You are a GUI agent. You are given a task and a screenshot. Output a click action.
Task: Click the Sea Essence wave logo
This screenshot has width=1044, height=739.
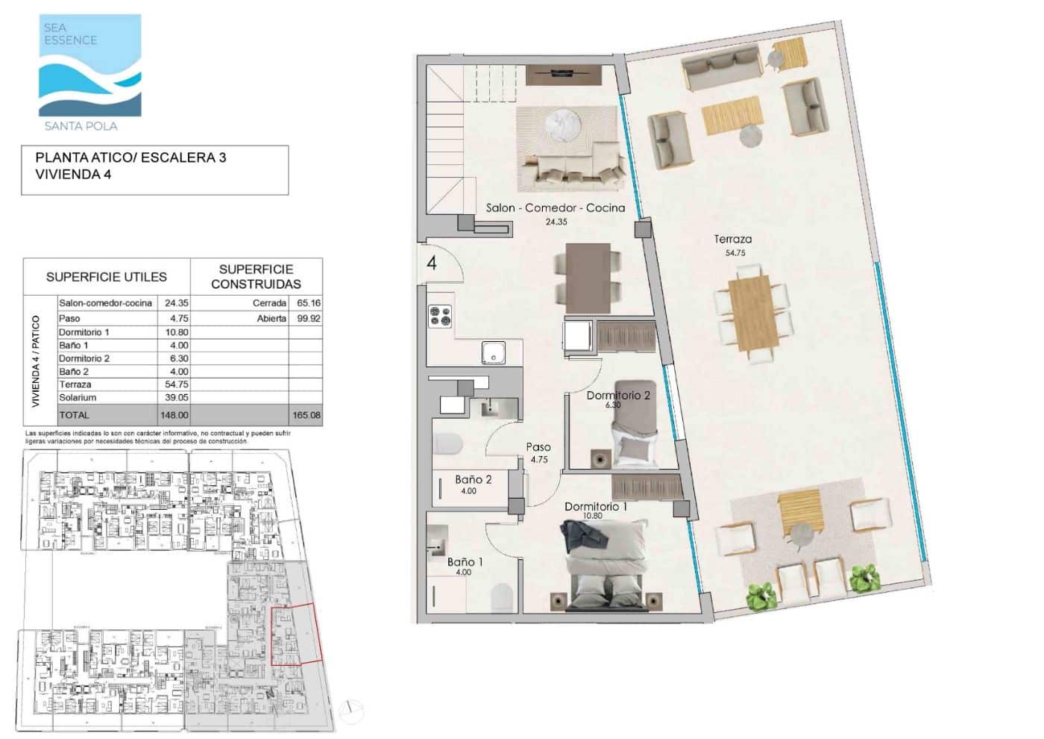coord(89,66)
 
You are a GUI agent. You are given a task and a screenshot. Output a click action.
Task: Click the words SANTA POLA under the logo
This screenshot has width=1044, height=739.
coord(81,126)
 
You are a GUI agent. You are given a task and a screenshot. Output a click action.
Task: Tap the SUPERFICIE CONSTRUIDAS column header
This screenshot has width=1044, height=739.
coord(256,276)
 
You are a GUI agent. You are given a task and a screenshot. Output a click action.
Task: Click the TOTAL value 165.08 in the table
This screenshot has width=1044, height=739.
coord(306,415)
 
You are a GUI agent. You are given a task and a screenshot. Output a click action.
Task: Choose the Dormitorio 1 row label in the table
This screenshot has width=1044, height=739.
coord(84,332)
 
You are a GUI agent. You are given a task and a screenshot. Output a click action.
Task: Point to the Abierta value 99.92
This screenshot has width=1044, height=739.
coord(309,318)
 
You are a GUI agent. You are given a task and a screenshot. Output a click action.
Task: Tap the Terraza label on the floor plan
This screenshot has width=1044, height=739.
coord(732,240)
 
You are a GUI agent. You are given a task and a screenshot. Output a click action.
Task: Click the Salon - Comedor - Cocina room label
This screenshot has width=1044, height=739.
coord(555,208)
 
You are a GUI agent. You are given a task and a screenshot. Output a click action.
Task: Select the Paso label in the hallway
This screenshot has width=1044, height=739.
coord(538,447)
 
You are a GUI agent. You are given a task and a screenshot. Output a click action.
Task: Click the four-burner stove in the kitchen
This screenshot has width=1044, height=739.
coord(439,316)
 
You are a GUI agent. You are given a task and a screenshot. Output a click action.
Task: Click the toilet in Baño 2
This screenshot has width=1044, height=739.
coord(448,445)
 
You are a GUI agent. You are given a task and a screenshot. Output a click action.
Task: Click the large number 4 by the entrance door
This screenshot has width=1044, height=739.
coord(432,264)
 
